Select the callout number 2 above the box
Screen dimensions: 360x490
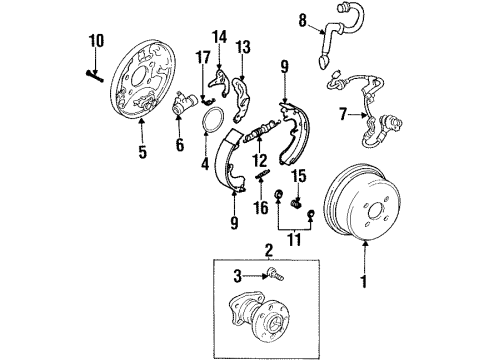pos(268,249)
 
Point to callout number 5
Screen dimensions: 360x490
pos(140,153)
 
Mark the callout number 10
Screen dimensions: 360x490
pos(96,41)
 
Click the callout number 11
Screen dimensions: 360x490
pos(292,240)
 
